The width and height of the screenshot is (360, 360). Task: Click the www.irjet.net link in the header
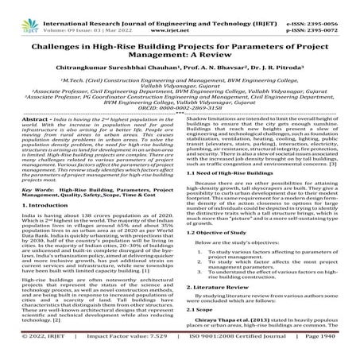[x=180, y=16]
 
